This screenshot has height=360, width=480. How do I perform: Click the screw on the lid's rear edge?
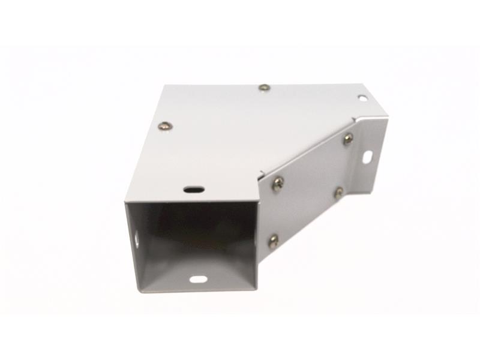tap(264, 88)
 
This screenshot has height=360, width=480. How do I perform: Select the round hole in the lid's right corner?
tap(362, 97)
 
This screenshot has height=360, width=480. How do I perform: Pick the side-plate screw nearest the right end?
tap(348, 139)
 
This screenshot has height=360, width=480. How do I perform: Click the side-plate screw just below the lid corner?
tap(277, 184)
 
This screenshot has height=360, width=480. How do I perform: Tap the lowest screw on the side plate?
tap(273, 241)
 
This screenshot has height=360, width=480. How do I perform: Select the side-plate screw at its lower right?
tap(339, 193)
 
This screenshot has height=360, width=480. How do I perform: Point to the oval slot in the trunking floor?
tap(197, 279)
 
